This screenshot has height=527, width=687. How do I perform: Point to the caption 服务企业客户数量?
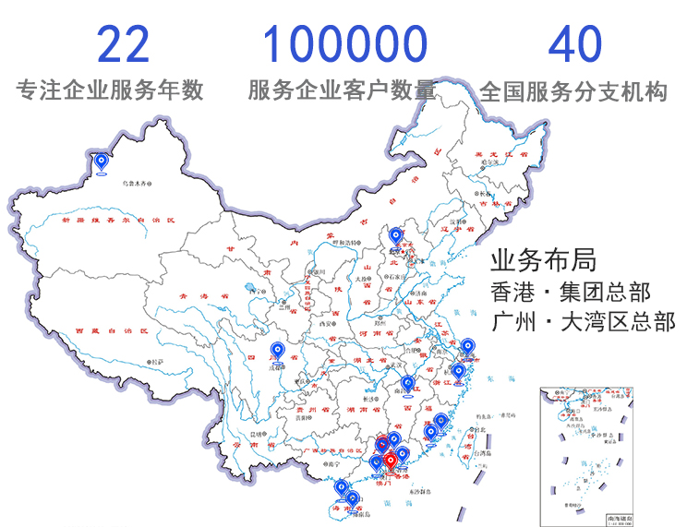pos(342,90)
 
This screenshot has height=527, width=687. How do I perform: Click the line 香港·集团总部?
pos(571,294)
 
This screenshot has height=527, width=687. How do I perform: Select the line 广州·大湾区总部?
pos(584,323)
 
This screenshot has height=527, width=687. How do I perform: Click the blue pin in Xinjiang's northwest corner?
pos(102,162)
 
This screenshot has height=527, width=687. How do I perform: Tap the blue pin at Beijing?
pos(397,237)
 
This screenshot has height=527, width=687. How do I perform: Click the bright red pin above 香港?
pos(391,458)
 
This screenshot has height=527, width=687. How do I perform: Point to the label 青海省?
pos(197,295)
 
